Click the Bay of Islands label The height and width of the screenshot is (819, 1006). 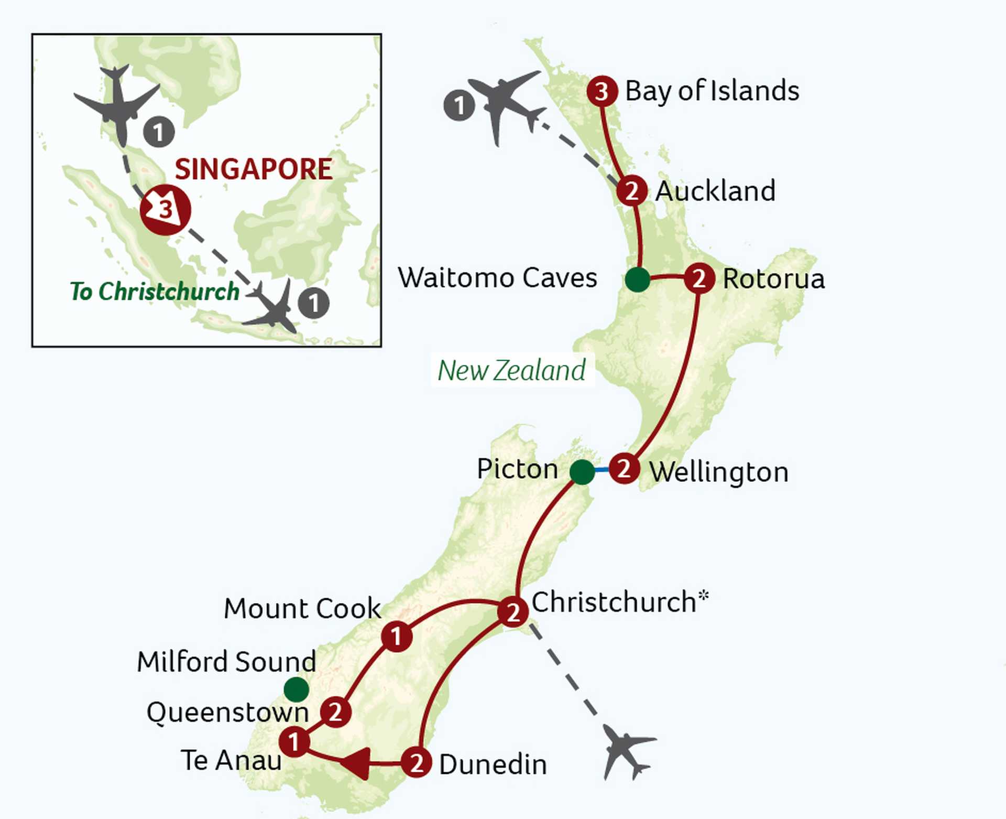(x=712, y=91)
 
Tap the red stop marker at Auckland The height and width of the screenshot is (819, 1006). (x=631, y=191)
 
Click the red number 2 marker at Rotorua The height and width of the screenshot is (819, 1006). (x=699, y=278)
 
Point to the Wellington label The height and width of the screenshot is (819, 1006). (x=719, y=472)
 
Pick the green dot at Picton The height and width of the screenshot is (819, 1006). (x=582, y=472)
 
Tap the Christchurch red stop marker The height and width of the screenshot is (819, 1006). (x=512, y=612)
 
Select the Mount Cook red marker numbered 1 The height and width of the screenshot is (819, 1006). (x=396, y=637)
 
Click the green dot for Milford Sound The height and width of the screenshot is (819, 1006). (x=296, y=689)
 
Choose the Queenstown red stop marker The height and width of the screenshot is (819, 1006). (x=335, y=712)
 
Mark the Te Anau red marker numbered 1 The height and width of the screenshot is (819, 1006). (x=294, y=742)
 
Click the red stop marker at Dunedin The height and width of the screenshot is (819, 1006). (x=417, y=763)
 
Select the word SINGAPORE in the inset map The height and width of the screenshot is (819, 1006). (x=254, y=169)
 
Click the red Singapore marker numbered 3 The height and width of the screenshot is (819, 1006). (x=165, y=210)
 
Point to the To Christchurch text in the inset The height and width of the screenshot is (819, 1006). (x=155, y=292)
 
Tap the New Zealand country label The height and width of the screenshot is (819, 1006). (x=511, y=371)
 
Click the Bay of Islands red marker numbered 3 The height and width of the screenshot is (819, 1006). (x=602, y=92)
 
